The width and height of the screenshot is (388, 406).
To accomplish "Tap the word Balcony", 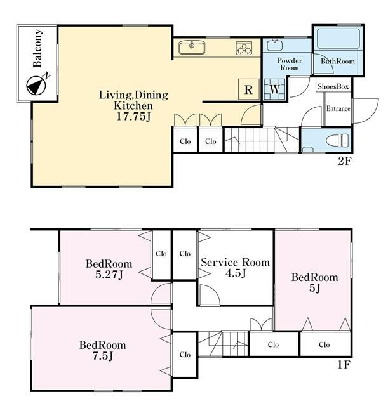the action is pyautogui.click(x=37, y=48).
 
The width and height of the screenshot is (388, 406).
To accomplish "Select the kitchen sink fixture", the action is pyautogui.click(x=192, y=48).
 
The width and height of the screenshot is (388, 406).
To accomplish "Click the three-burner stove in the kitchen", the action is pyautogui.click(x=244, y=48).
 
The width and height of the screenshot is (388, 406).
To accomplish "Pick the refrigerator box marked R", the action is pyautogui.click(x=248, y=89).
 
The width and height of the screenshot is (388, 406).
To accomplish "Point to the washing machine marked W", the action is pyautogui.click(x=274, y=89).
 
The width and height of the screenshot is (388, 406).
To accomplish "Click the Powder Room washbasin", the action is pyautogui.click(x=274, y=45).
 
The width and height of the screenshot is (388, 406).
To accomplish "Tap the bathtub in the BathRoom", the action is pyautogui.click(x=338, y=38).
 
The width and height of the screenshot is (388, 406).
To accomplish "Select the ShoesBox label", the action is pyautogui.click(x=333, y=86).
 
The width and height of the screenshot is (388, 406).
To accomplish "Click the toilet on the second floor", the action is pyautogui.click(x=337, y=141).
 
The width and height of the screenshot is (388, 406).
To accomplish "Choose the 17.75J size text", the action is pyautogui.click(x=133, y=117).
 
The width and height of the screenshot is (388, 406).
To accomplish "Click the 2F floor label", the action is pyautogui.click(x=344, y=161).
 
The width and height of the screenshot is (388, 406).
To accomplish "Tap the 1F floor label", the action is pyautogui.click(x=344, y=365).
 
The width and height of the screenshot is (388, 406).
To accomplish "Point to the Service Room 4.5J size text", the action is pyautogui.click(x=236, y=273).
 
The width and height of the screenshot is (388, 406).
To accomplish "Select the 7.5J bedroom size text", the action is pyautogui.click(x=103, y=357).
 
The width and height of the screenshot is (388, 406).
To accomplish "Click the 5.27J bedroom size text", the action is pyautogui.click(x=109, y=275).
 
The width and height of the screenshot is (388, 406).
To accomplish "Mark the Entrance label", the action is pyautogui.click(x=338, y=108).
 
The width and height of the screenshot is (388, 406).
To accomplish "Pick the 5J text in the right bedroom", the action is pyautogui.click(x=314, y=288).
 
